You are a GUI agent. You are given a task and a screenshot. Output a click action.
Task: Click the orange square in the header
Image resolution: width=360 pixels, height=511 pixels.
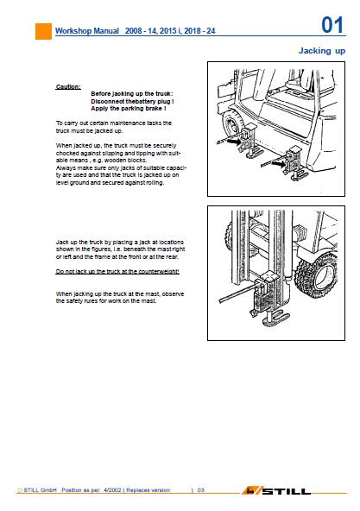[43, 31]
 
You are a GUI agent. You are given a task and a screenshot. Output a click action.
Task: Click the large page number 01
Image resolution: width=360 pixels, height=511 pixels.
[332, 25]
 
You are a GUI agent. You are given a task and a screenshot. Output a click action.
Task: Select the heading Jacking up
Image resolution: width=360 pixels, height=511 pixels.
[322, 51]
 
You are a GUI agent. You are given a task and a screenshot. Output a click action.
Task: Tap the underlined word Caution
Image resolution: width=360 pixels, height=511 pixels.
[68, 86]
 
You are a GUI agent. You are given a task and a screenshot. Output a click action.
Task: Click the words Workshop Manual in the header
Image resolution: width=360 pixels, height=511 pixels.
[87, 31]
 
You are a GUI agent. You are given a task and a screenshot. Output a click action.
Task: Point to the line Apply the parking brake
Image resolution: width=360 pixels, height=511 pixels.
[129, 109]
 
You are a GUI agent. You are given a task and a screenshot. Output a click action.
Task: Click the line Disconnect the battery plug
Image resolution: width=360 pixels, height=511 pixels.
[132, 101]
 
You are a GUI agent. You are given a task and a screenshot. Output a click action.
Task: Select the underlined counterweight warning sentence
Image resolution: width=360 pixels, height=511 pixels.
[117, 271]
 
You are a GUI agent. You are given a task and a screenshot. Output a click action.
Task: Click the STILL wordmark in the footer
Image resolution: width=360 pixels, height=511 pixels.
[286, 491]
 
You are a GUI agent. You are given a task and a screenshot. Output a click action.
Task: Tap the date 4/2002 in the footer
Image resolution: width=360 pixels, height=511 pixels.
[112, 489]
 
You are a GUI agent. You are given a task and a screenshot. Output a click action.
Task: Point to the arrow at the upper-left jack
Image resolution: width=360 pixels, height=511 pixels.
[234, 142]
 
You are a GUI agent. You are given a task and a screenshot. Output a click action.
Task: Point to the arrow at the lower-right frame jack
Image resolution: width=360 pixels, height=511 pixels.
[278, 164]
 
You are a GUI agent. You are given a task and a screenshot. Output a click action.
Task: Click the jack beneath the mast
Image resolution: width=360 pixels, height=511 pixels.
[268, 297]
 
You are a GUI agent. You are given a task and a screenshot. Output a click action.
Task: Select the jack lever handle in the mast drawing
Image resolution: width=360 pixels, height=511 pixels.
[237, 293]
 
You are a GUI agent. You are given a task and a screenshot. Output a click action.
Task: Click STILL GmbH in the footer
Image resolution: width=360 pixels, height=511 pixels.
[40, 489]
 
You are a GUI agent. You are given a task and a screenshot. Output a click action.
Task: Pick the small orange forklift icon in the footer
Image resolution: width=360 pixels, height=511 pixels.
[250, 490]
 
